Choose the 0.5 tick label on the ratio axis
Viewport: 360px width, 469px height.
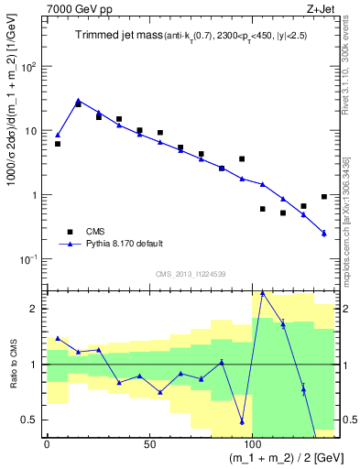pyautogui.click(x=32, y=420)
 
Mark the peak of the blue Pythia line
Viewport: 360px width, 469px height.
pyautogui.click(x=78, y=101)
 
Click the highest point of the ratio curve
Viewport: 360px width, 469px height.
pyautogui.click(x=263, y=292)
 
